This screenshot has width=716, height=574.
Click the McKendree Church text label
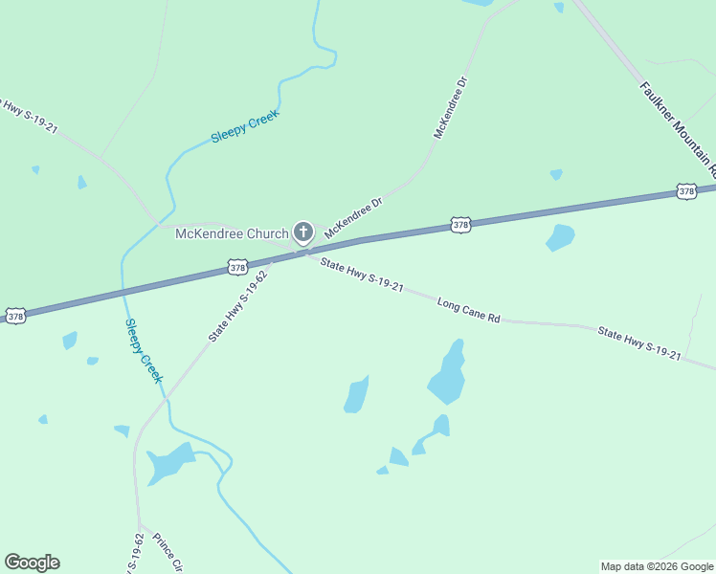point(231,234)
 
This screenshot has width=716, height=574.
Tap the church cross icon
point(303,232)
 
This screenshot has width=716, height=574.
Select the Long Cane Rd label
point(469,310)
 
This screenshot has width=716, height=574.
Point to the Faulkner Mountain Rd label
point(675,122)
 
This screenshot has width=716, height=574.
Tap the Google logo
point(32,563)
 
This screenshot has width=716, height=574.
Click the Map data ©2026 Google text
point(657,566)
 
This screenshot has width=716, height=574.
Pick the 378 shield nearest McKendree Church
point(238,267)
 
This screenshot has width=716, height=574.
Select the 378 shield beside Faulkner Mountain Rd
point(686,191)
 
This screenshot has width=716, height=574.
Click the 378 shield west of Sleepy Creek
point(14,315)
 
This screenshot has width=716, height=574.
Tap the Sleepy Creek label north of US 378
point(244,127)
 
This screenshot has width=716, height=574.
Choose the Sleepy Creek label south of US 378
point(144,350)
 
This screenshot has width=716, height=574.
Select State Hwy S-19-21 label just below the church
point(362,275)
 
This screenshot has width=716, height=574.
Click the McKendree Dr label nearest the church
point(353,217)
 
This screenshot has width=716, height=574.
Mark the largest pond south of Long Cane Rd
point(448,374)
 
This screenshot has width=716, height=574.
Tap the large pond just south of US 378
point(560,236)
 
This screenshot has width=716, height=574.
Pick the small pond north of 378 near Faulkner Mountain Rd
point(556,174)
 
